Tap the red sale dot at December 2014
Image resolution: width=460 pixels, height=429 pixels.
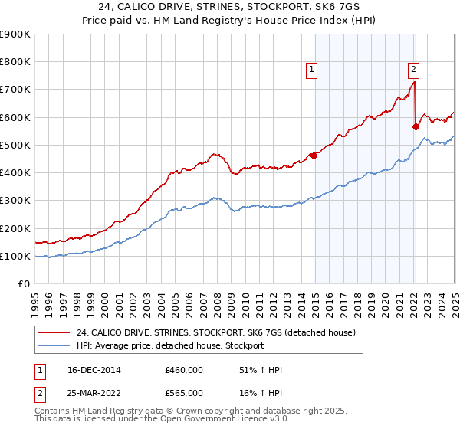click(314, 156)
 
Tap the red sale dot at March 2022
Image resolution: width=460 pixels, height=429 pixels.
click(416, 126)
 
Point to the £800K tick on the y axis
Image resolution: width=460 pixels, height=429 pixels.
click(16, 62)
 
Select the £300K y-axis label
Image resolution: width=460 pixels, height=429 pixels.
click(16, 201)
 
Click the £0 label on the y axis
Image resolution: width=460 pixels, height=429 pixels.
click(24, 284)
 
